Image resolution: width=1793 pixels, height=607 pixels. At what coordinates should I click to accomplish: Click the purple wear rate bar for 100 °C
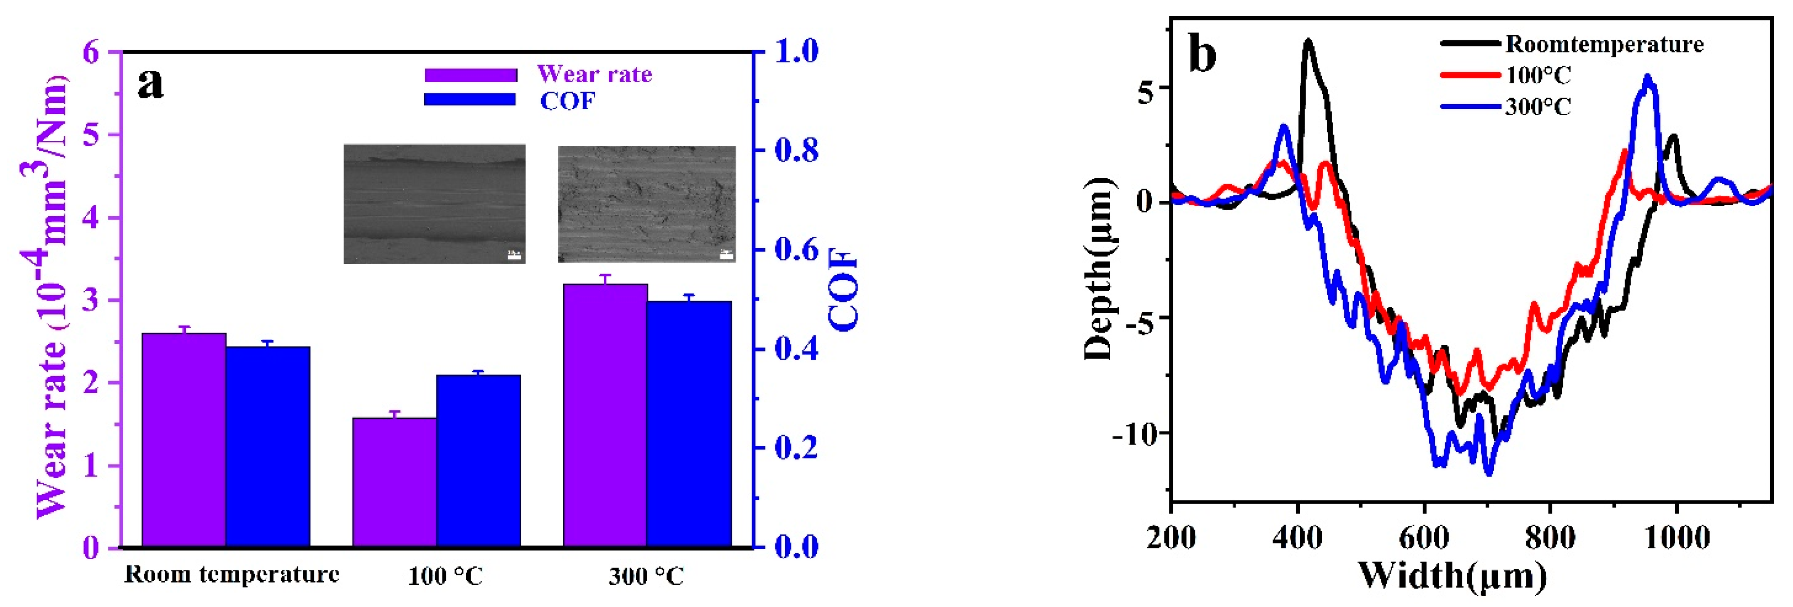(x=394, y=482)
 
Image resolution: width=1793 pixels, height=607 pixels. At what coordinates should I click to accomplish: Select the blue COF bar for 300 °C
(x=689, y=423)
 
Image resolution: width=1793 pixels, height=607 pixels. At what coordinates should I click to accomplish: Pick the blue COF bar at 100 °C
(x=479, y=460)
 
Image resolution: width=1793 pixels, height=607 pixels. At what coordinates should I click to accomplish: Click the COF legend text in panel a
(x=568, y=102)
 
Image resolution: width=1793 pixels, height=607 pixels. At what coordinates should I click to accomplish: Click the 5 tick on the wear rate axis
(x=91, y=134)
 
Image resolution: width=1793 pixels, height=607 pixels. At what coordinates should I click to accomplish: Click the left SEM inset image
(x=434, y=204)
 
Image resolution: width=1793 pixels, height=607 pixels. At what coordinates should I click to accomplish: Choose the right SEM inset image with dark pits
(x=647, y=204)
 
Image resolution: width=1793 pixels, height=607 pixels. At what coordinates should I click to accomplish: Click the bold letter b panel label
(x=1203, y=54)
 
